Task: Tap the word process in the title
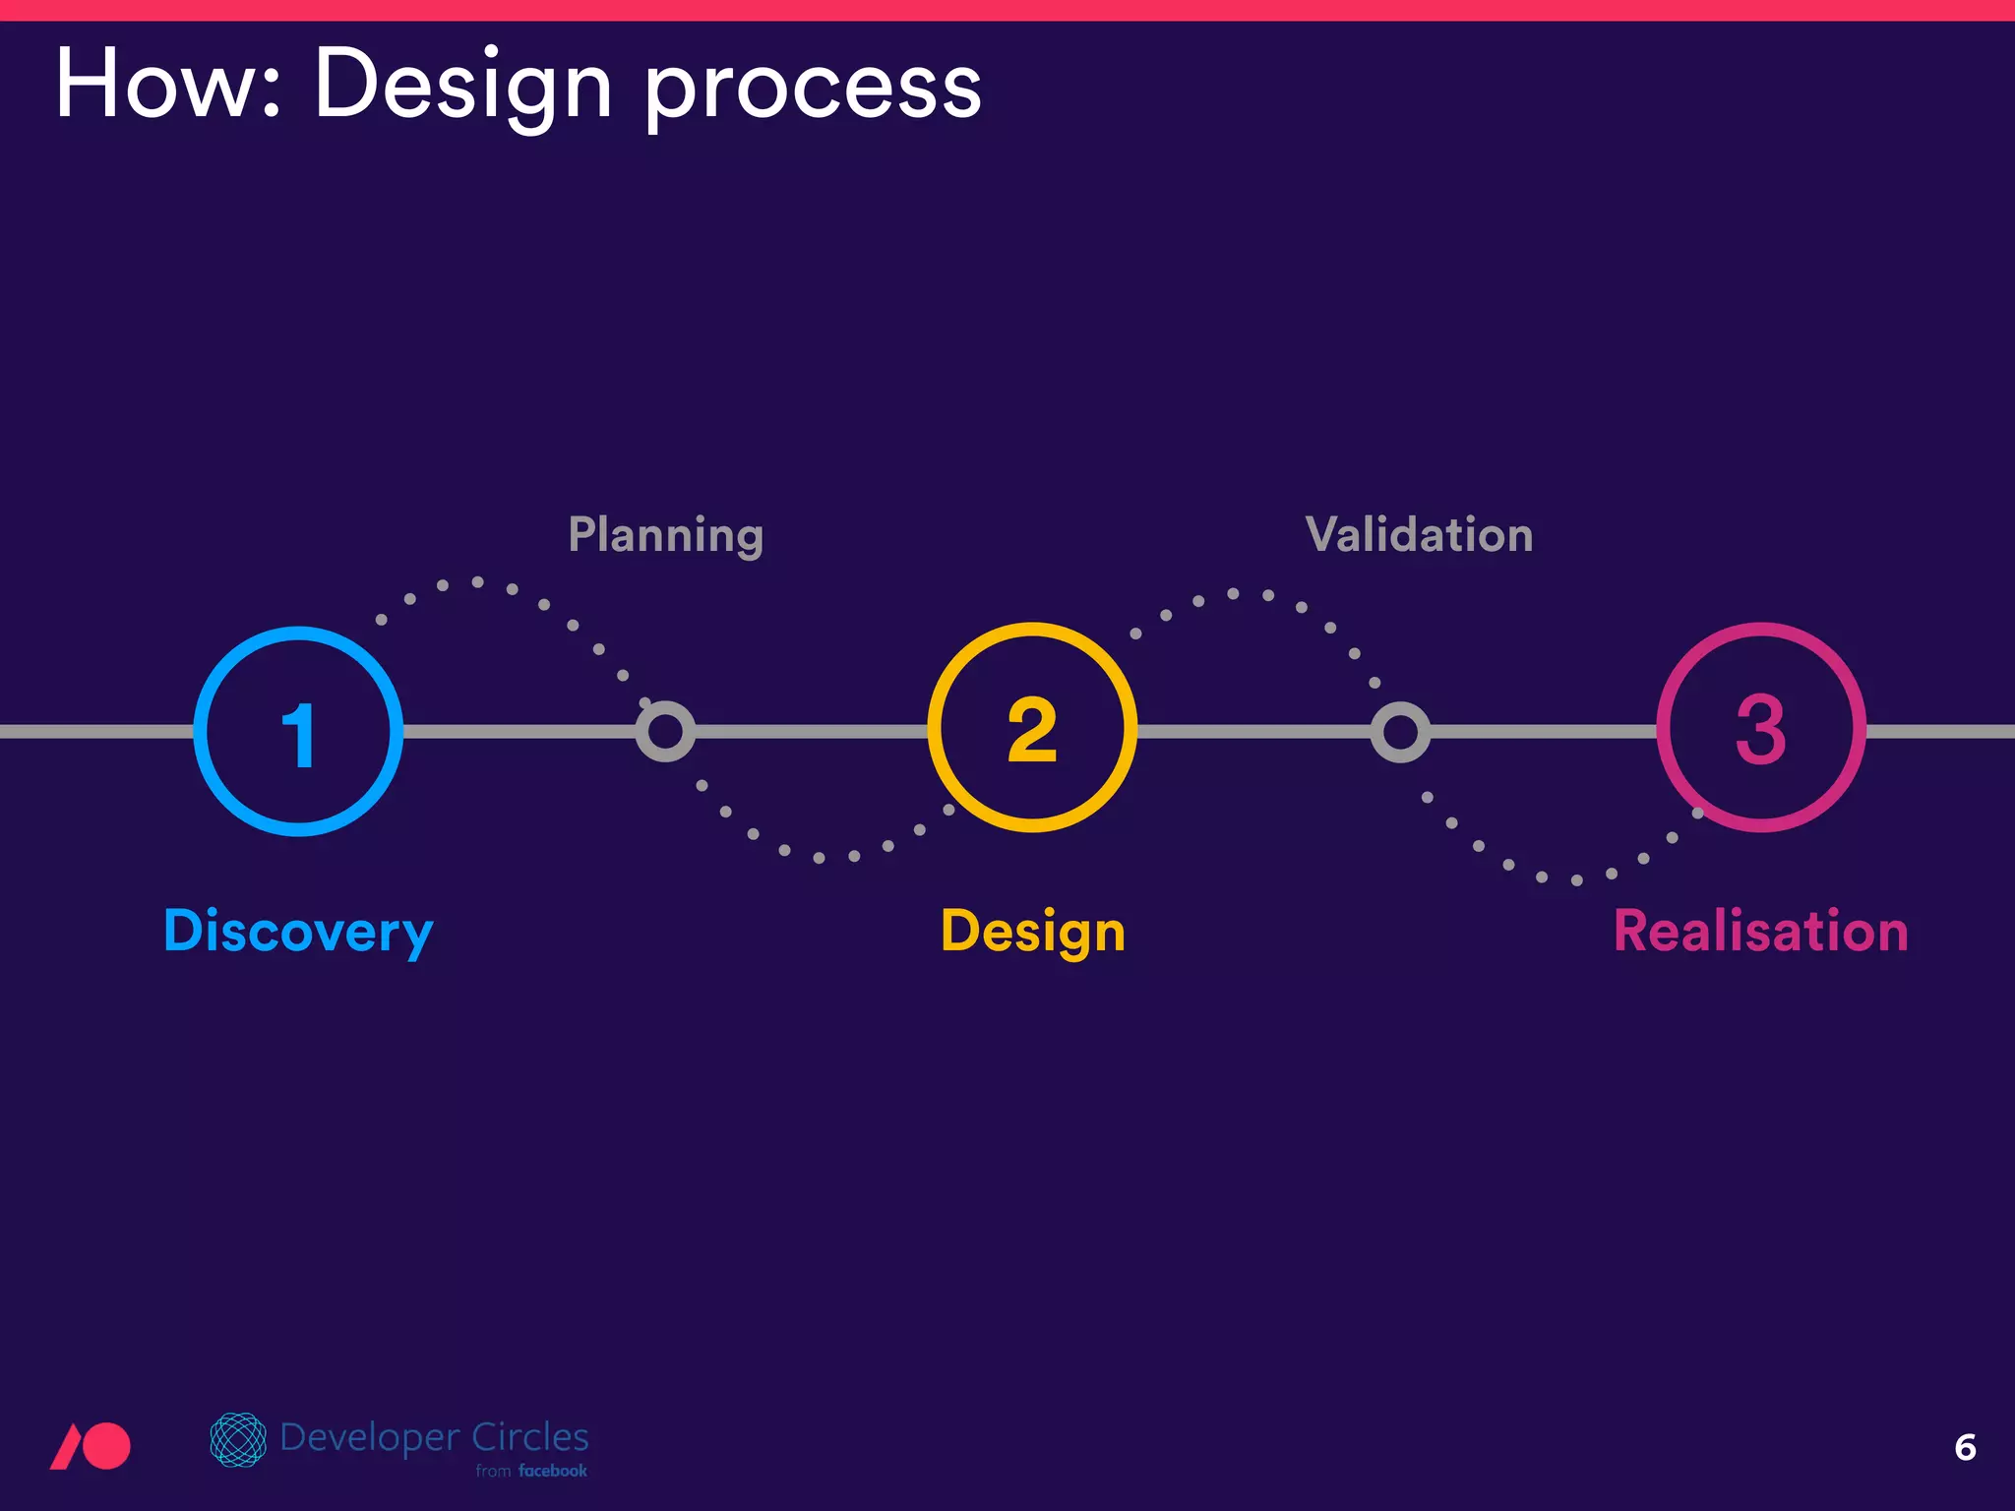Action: [813, 91]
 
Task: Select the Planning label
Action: [666, 535]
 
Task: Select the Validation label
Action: [1419, 535]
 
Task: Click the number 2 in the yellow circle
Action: [1032, 730]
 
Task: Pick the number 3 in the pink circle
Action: [1760, 730]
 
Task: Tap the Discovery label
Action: [298, 931]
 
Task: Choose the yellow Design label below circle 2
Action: [1033, 931]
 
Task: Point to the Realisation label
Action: [1760, 931]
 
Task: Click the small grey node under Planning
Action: [665, 731]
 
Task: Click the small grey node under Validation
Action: [1400, 731]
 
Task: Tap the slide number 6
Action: [1965, 1447]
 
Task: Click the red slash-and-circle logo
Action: [91, 1446]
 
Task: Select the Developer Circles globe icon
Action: [238, 1439]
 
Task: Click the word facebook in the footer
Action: [553, 1471]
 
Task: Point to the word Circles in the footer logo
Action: [529, 1437]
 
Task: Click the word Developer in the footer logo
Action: [370, 1438]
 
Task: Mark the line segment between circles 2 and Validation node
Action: [1254, 731]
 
